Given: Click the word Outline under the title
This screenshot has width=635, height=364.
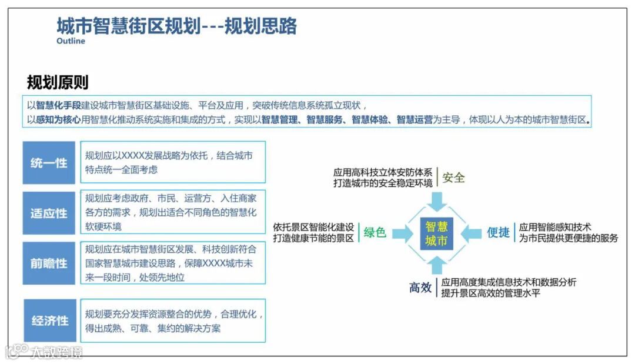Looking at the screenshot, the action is [71, 41].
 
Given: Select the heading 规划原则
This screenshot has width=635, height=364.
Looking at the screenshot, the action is [58, 82].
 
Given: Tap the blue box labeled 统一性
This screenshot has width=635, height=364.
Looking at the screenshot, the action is [49, 163].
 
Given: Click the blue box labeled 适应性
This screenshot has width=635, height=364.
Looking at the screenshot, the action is [49, 213].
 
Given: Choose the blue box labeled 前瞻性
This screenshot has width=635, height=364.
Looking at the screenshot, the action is [49, 263].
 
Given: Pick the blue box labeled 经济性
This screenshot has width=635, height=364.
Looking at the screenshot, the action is [50, 320].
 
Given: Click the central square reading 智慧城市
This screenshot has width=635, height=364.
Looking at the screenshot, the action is [436, 233].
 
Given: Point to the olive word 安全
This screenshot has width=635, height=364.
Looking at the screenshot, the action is [454, 178].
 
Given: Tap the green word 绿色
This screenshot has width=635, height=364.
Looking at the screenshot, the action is [375, 233].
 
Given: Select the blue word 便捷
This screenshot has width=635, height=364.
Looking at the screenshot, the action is [498, 233].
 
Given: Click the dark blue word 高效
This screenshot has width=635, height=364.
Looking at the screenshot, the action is [420, 288].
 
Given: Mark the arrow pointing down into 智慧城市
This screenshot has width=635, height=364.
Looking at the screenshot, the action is [436, 201].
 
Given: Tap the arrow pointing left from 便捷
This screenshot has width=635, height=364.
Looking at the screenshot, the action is [470, 233].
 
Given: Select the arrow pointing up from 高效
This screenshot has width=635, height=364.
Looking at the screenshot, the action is [436, 266].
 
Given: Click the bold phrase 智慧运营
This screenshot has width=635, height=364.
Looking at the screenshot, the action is [415, 120].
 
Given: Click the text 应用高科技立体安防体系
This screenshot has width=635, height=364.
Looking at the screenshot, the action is [383, 172].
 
